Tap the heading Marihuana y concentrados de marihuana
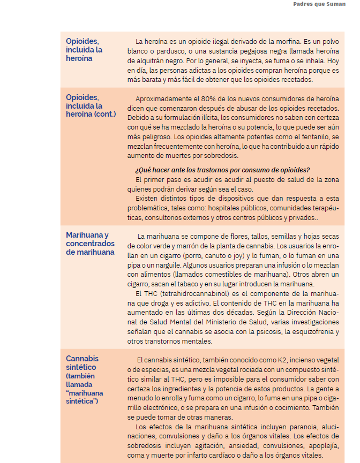pos(90,244)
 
